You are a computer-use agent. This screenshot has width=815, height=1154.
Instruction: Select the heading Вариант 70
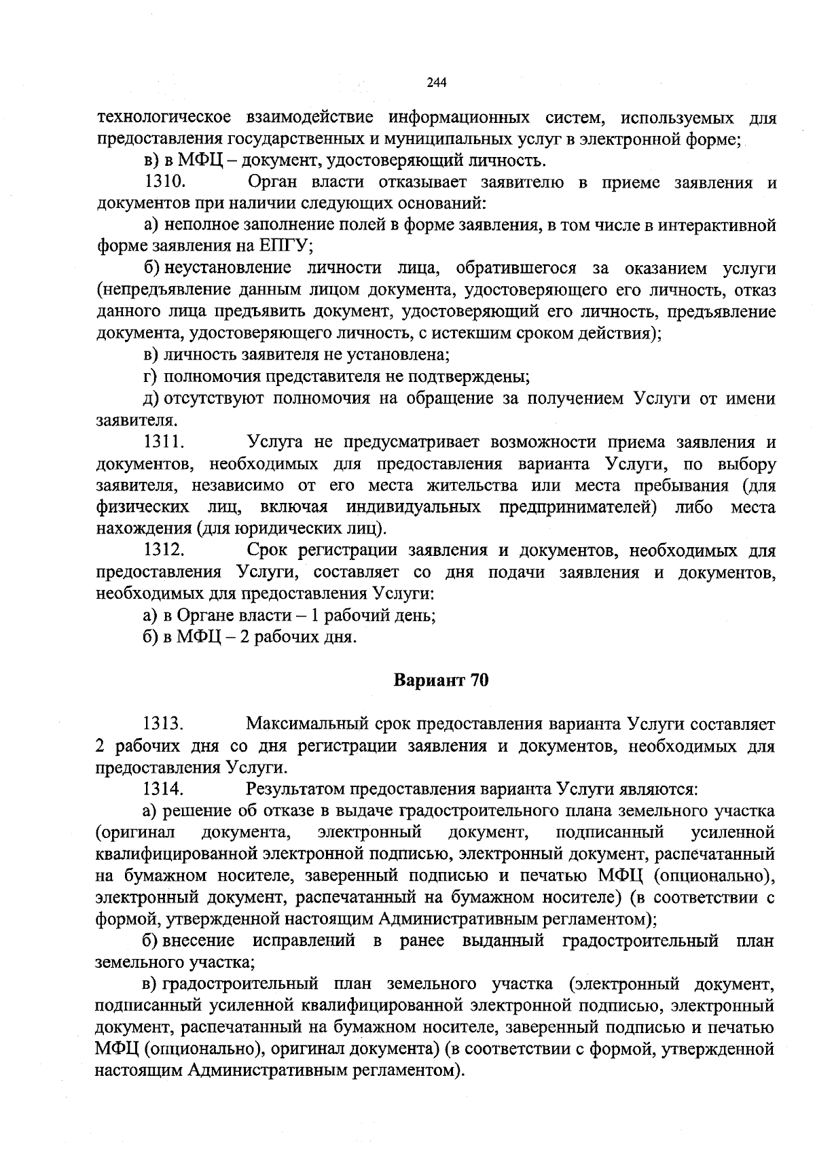click(441, 681)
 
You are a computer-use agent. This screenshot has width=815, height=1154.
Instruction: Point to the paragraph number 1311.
click(164, 442)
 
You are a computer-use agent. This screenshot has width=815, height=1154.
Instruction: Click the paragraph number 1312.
click(164, 550)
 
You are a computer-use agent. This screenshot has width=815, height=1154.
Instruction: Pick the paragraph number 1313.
click(164, 724)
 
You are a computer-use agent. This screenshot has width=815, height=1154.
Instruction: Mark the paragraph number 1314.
click(164, 789)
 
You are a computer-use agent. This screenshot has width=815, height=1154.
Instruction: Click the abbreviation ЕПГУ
click(281, 247)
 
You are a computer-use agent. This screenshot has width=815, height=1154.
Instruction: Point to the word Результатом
click(295, 789)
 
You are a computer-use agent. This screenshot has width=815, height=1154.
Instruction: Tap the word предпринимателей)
click(578, 508)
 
